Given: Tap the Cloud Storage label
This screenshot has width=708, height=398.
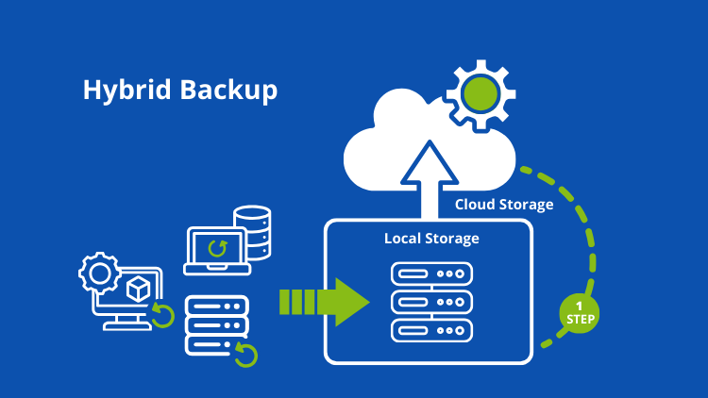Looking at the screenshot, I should (504, 205).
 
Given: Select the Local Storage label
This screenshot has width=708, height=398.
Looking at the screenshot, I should (431, 238).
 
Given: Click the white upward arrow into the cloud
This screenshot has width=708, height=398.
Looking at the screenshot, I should (430, 179).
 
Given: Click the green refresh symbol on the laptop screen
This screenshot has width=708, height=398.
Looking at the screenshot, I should (218, 248).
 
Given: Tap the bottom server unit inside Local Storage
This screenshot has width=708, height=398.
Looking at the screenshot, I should (430, 333).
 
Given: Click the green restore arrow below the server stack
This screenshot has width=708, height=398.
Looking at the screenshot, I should (246, 355).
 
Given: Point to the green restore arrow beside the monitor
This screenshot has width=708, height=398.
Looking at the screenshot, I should (163, 316).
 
